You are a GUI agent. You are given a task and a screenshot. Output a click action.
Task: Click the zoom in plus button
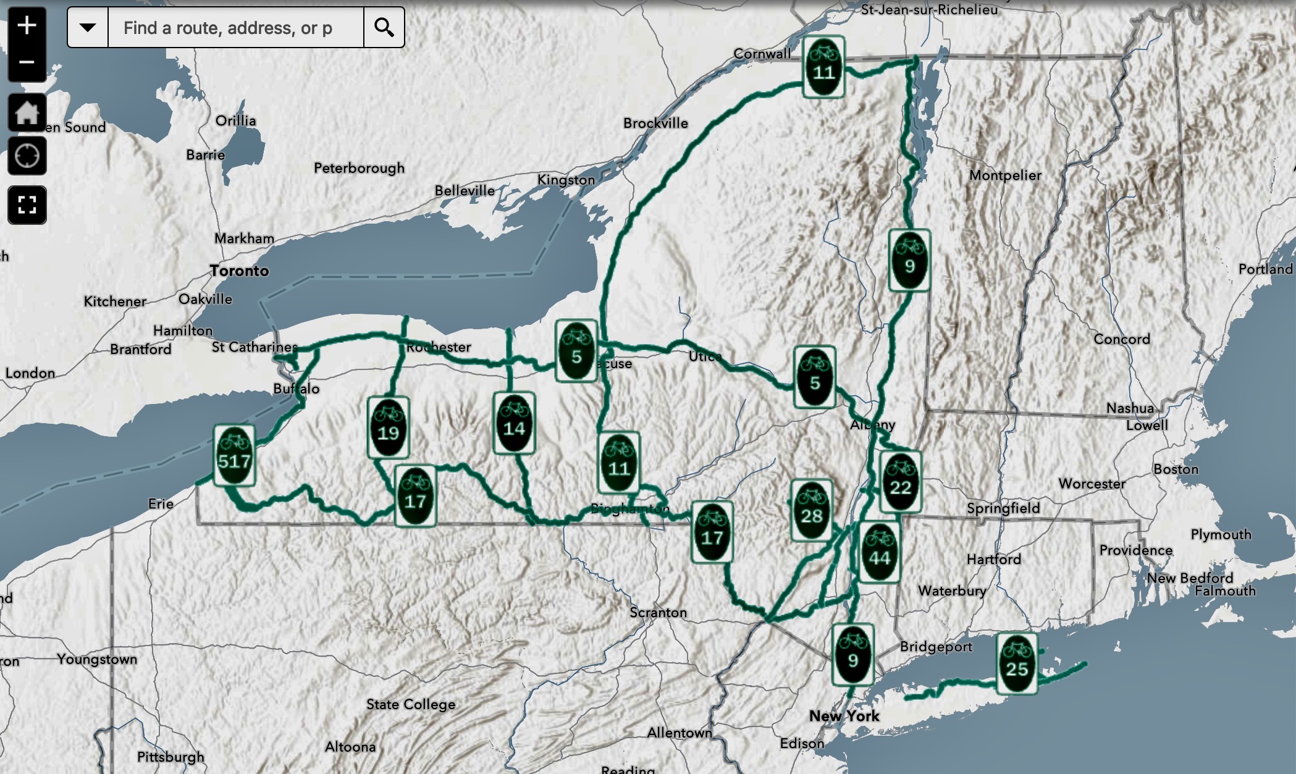pyautogui.click(x=27, y=26)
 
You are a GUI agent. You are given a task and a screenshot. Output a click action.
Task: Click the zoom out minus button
pyautogui.click(x=27, y=62)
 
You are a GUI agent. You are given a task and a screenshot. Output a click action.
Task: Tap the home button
pyautogui.click(x=27, y=113)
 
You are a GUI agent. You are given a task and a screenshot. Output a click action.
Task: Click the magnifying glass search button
pyautogui.click(x=384, y=28)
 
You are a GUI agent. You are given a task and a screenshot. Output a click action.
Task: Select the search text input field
pyautogui.click(x=235, y=28)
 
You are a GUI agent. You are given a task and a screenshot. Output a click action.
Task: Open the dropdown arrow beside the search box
pyautogui.click(x=88, y=28)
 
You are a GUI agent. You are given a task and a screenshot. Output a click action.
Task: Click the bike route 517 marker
pyautogui.click(x=234, y=455)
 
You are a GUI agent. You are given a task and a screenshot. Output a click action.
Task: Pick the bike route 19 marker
pyautogui.click(x=388, y=427)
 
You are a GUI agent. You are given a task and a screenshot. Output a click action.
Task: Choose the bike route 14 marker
pyautogui.click(x=514, y=423)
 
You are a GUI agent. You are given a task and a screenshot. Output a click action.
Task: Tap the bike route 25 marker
pyautogui.click(x=1017, y=663)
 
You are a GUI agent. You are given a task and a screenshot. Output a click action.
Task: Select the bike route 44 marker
pyautogui.click(x=879, y=552)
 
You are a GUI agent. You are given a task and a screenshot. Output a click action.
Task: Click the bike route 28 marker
pyautogui.click(x=811, y=510)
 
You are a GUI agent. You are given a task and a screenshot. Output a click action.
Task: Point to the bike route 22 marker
pyautogui.click(x=901, y=482)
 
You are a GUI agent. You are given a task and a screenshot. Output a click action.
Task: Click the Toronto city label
pyautogui.click(x=239, y=271)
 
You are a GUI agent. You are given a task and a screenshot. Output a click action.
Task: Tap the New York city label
pyautogui.click(x=844, y=716)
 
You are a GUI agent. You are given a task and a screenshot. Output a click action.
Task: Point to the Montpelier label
pyautogui.click(x=1005, y=175)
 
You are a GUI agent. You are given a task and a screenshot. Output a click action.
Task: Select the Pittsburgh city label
pyautogui.click(x=170, y=757)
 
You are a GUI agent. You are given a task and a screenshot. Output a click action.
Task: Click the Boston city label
pyautogui.click(x=1176, y=469)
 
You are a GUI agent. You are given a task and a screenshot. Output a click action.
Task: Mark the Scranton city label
pyautogui.click(x=658, y=612)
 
